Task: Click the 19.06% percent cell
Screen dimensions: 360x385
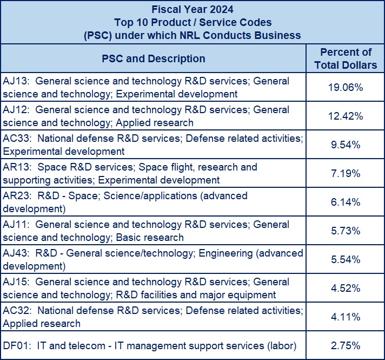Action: click(345, 87)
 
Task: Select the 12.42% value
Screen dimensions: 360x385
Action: click(345, 116)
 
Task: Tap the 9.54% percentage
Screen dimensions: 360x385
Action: click(345, 145)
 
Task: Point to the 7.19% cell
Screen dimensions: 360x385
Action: click(345, 173)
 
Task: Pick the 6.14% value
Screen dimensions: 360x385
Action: click(345, 202)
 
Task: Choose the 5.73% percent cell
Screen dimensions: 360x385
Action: click(345, 231)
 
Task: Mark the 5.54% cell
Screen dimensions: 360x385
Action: click(345, 259)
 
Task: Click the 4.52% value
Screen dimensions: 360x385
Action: click(345, 288)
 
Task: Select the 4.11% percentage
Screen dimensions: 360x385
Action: click(345, 317)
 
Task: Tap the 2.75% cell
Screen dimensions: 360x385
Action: click(345, 345)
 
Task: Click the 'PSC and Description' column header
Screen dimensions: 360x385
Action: click(154, 58)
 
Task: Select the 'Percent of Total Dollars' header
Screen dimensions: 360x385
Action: click(346, 58)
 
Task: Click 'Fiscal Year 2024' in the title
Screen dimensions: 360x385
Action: click(192, 10)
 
